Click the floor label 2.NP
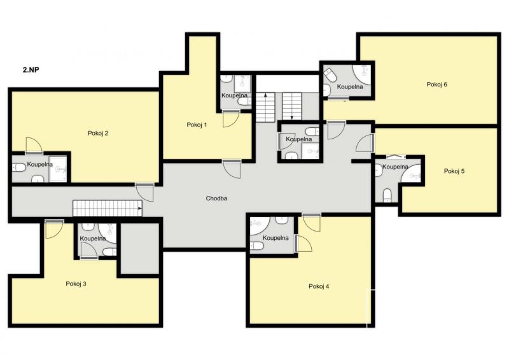pyautogui.click(x=31, y=69)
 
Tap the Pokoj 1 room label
pyautogui.click(x=197, y=125)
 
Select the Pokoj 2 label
pyautogui.click(x=98, y=133)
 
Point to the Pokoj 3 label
pyautogui.click(x=76, y=284)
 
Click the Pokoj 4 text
pyautogui.click(x=319, y=286)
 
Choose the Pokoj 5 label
pyautogui.click(x=454, y=171)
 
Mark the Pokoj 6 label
pyautogui.click(x=437, y=85)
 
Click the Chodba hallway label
pyautogui.click(x=216, y=198)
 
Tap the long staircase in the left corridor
pyautogui.click(x=108, y=208)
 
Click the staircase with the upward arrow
pyautogui.click(x=265, y=107)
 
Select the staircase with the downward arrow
pyautogui.click(x=292, y=106)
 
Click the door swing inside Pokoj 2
pyautogui.click(x=34, y=145)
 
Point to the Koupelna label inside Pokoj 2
pyautogui.click(x=39, y=164)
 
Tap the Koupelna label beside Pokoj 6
pyautogui.click(x=349, y=87)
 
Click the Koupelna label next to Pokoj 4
pyautogui.click(x=275, y=238)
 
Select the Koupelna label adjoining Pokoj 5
pyautogui.click(x=395, y=167)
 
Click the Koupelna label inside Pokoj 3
pyautogui.click(x=93, y=239)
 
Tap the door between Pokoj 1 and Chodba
pyautogui.click(x=232, y=169)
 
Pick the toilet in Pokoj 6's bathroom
pyautogui.click(x=331, y=76)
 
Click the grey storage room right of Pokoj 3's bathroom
pyautogui.click(x=140, y=248)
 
